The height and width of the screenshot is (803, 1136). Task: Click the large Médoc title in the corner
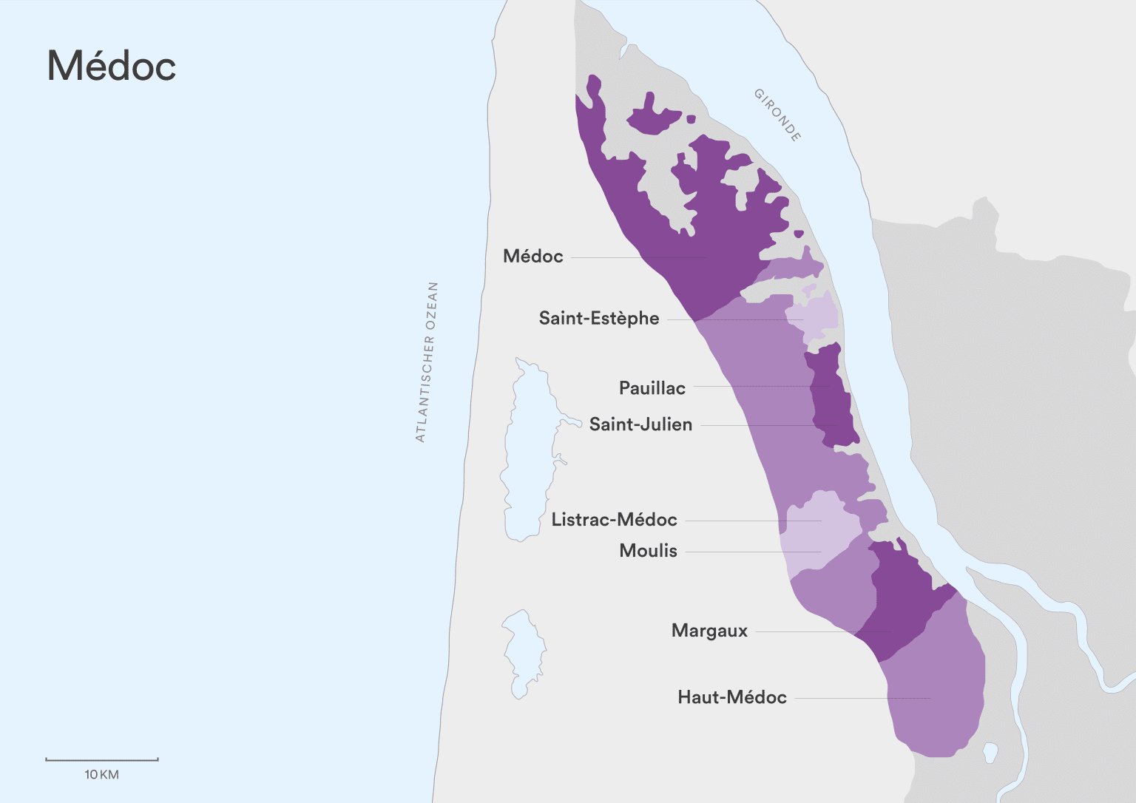click(112, 66)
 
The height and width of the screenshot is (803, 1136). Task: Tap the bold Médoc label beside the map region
click(532, 257)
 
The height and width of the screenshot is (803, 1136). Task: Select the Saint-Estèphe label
click(598, 319)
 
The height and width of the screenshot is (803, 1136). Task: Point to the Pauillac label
click(652, 388)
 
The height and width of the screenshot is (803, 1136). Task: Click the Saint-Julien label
click(640, 424)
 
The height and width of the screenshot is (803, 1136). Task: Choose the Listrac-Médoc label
click(614, 520)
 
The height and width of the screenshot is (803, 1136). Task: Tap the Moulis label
click(648, 551)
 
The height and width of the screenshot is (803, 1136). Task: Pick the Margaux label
click(709, 631)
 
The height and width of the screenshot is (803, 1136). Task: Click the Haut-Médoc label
click(731, 697)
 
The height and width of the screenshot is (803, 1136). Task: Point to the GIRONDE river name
click(777, 115)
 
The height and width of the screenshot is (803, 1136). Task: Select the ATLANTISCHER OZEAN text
click(427, 362)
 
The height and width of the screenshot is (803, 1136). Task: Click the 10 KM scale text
click(101, 775)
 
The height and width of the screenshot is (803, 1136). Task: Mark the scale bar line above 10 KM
click(102, 759)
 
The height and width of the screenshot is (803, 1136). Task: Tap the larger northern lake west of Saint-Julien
click(527, 451)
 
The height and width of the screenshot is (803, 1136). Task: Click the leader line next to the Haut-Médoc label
click(862, 698)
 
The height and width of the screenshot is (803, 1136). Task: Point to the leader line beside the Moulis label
click(752, 552)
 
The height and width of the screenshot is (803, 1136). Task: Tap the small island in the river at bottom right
click(990, 753)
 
